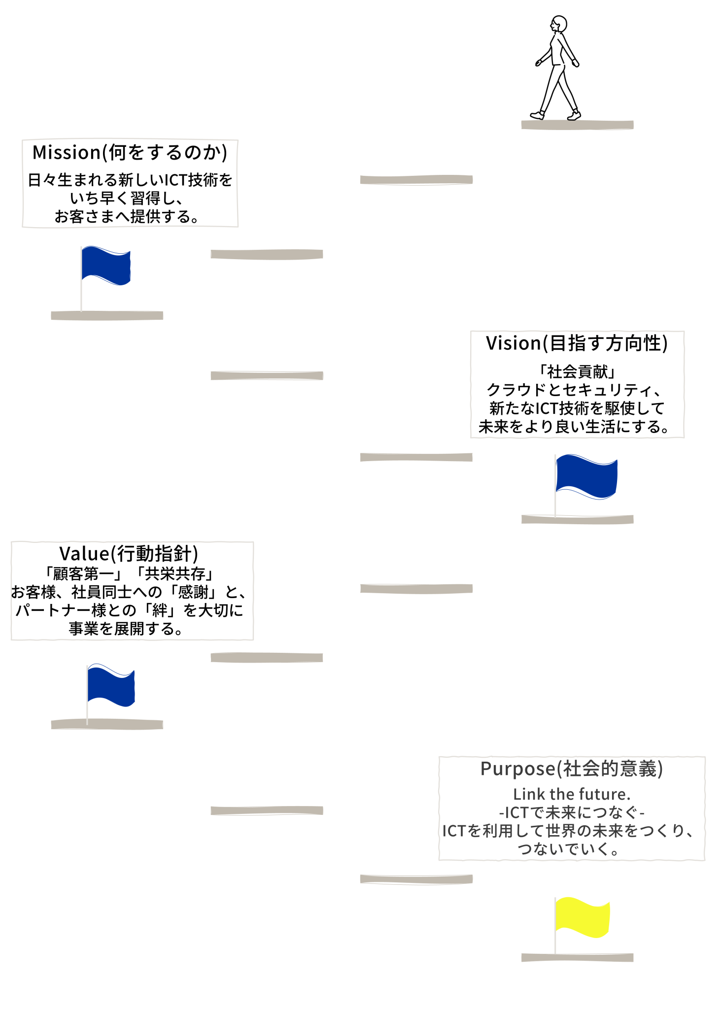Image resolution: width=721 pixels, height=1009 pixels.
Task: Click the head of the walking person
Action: pyautogui.click(x=559, y=24)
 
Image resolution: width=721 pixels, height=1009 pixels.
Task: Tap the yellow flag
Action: pyautogui.click(x=582, y=917)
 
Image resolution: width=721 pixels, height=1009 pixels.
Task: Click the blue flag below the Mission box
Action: pyautogui.click(x=106, y=266)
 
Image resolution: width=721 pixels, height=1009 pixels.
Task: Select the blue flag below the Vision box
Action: pyautogui.click(x=586, y=476)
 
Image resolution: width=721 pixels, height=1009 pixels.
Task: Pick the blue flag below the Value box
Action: pyautogui.click(x=111, y=685)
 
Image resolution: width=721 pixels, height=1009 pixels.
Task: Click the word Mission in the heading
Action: pyautogui.click(x=67, y=153)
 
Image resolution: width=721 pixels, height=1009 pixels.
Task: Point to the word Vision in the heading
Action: pyautogui.click(x=514, y=343)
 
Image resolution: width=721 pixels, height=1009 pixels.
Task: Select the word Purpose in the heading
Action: pyautogui.click(x=518, y=769)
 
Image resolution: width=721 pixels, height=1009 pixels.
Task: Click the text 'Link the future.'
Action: pyautogui.click(x=572, y=794)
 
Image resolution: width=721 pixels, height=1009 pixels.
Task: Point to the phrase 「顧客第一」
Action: pyautogui.click(x=84, y=573)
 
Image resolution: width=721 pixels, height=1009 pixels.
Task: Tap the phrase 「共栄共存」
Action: pyautogui.click(x=175, y=573)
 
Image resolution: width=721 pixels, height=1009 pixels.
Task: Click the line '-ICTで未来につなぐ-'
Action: pyautogui.click(x=572, y=812)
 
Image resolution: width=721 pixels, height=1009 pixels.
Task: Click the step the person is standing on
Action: pyautogui.click(x=577, y=125)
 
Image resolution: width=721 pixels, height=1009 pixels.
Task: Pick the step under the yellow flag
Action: pyautogui.click(x=577, y=957)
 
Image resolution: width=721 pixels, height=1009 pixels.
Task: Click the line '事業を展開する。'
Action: pyautogui.click(x=127, y=629)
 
